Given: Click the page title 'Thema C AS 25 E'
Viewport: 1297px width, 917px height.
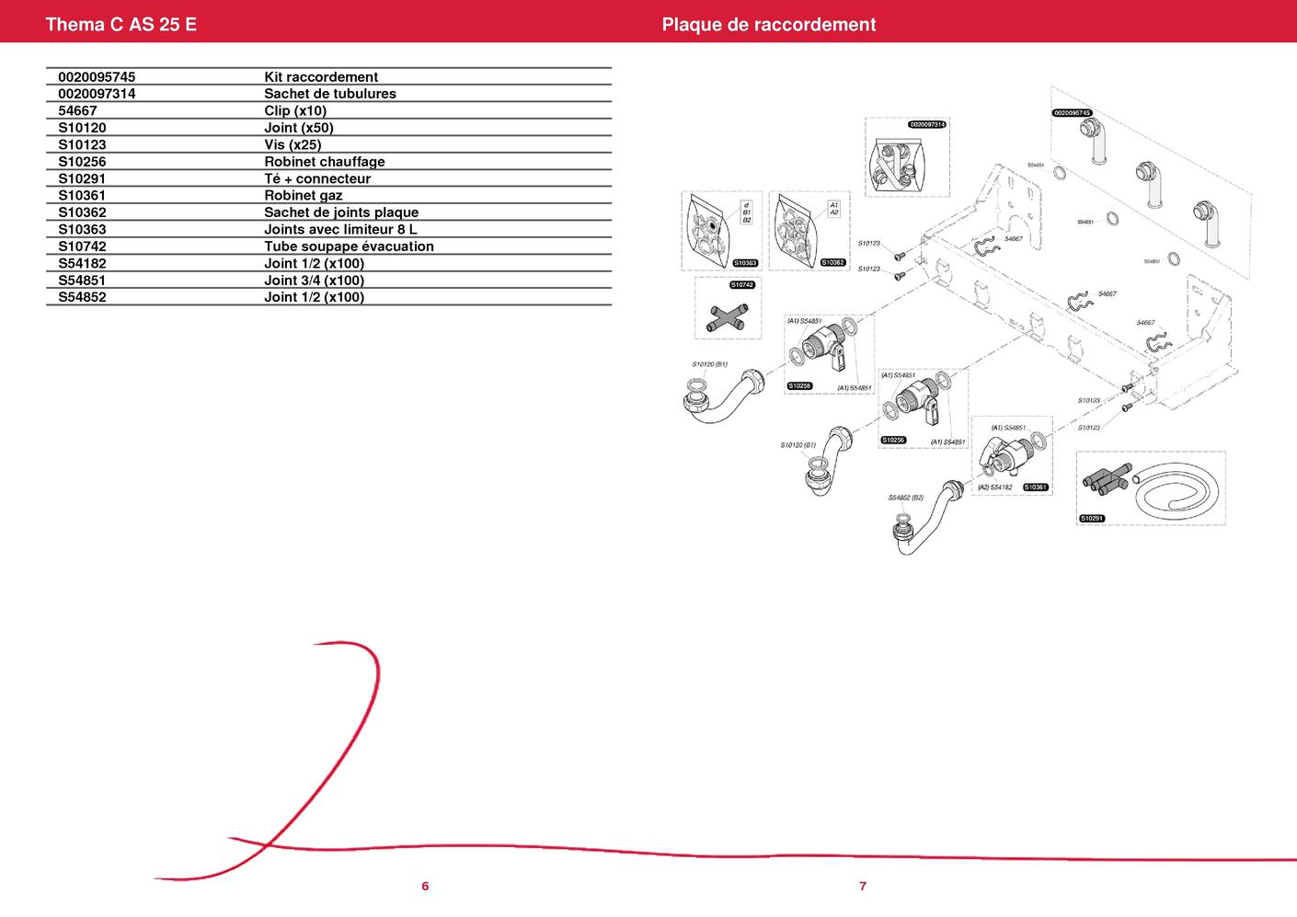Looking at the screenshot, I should tap(121, 24).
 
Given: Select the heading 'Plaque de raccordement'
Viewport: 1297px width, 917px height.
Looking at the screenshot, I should tap(768, 24).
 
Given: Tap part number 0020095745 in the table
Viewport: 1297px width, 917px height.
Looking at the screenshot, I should tap(97, 77).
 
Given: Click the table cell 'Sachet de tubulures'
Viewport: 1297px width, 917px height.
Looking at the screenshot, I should tap(329, 94).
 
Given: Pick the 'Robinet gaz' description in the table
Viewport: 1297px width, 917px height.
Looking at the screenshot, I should tap(303, 195).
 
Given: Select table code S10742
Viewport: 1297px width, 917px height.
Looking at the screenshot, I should tap(82, 246).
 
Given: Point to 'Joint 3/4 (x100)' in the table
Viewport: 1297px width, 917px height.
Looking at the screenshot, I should tap(314, 281).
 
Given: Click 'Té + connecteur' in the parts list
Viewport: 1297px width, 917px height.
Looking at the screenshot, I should tap(316, 178).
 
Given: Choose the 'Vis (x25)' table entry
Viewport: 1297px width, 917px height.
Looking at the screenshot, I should tap(293, 144).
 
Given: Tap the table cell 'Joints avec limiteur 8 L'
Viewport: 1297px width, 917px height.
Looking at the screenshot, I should tap(340, 229).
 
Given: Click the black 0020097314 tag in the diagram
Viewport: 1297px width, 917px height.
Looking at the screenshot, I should tap(927, 124).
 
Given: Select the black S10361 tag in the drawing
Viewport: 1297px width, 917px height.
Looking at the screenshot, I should tap(1036, 487).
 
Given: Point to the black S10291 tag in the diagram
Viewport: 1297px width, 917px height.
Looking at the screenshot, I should tap(1091, 519).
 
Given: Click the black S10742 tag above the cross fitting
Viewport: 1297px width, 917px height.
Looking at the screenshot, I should tap(742, 285).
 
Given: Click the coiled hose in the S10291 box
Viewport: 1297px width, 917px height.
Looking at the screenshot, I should tap(1177, 497).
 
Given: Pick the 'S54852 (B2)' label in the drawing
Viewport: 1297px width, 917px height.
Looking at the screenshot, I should tap(905, 498).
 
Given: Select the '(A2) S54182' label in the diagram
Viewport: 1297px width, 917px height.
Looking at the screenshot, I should tap(994, 487).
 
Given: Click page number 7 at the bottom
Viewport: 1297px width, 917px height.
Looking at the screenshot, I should tap(863, 887).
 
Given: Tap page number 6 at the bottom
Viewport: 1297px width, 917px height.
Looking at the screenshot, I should tap(425, 887).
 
